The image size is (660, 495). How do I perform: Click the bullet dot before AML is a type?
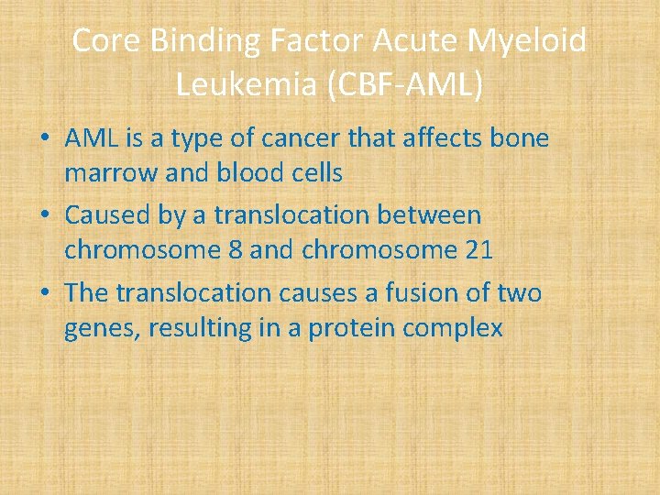point(43,140)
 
